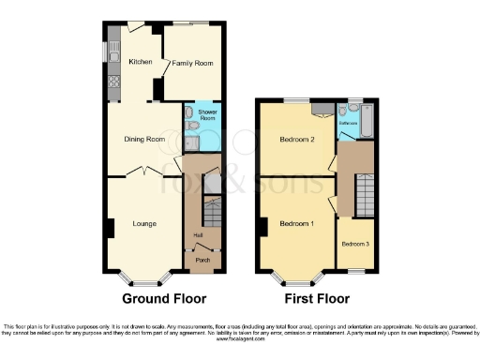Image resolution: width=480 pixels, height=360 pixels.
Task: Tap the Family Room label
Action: point(192,63)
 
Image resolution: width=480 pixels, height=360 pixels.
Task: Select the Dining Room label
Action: point(144,140)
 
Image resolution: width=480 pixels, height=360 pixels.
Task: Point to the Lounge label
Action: point(143,223)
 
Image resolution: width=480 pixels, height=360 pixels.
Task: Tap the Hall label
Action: point(198,234)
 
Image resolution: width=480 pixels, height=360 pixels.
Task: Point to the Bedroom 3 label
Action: point(355,244)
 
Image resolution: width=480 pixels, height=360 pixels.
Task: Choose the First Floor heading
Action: point(319,298)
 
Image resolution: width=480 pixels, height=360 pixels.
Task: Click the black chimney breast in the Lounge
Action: point(112,227)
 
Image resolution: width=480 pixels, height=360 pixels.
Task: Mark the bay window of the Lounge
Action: point(144,277)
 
